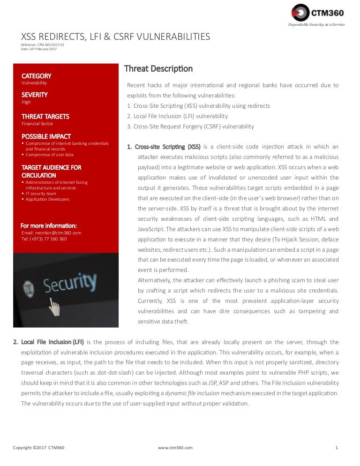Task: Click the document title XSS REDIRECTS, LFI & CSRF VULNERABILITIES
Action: point(116,37)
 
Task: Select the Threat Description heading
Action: point(158,69)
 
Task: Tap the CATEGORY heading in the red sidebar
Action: point(36,76)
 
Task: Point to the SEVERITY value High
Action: point(26,102)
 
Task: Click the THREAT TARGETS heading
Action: point(45,116)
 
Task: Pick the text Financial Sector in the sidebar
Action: point(37,124)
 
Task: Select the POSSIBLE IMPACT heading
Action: point(46,136)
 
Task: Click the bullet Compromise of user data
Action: point(49,155)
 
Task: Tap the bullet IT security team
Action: point(41,193)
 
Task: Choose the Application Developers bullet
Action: point(47,199)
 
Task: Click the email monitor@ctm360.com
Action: point(51,233)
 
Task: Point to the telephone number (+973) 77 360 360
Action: point(44,239)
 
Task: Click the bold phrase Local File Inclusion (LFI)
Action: point(52,342)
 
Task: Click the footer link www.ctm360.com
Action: point(175,448)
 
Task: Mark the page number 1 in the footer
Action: point(337,448)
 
